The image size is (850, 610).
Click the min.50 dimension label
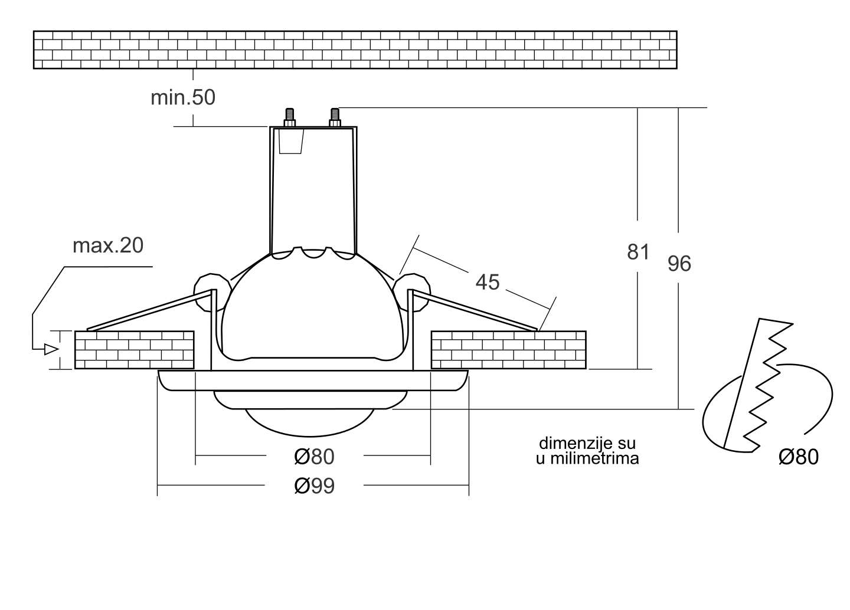[183, 97]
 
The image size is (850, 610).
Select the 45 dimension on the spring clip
[488, 282]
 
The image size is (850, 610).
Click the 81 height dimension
[638, 252]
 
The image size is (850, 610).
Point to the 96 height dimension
[679, 264]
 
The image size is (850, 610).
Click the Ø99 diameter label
[315, 486]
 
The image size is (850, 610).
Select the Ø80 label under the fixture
[314, 457]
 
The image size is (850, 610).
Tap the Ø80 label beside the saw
[799, 457]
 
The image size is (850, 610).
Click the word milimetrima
[594, 458]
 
